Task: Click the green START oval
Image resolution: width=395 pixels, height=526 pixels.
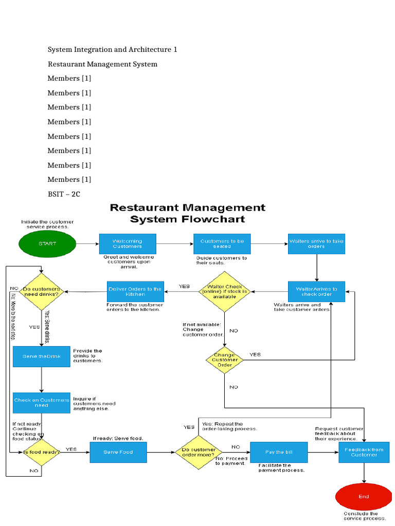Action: [47, 243]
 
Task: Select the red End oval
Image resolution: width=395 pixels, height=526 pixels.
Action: [364, 497]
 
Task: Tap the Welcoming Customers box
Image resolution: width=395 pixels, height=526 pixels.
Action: [128, 243]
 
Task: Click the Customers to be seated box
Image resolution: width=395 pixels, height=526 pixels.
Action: [222, 243]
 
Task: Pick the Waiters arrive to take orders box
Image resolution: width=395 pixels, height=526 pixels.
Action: [316, 243]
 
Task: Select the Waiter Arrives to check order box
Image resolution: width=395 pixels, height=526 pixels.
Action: [316, 291]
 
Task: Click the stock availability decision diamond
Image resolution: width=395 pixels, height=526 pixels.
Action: [224, 291]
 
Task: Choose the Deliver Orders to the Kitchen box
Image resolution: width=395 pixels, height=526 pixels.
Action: [135, 291]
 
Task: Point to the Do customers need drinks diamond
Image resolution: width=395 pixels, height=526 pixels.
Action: [41, 291]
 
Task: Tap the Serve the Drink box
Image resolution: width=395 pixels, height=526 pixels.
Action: [41, 356]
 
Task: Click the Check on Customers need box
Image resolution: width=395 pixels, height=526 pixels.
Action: [41, 403]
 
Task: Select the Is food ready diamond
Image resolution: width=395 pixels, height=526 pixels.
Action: [41, 452]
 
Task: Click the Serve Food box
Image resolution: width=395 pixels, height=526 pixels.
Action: [118, 452]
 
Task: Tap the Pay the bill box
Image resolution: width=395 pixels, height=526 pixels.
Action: [279, 452]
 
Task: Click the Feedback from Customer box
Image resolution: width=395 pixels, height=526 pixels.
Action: [364, 452]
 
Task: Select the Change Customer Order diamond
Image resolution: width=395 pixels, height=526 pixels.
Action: [224, 360]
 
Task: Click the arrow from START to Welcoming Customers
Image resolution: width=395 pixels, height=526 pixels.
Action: [87, 243]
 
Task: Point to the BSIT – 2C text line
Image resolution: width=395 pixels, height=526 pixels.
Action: [64, 194]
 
